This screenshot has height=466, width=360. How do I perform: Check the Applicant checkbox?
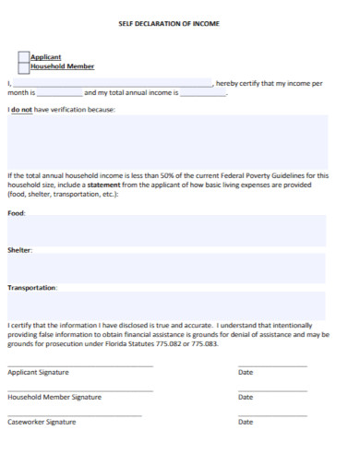point(24,57)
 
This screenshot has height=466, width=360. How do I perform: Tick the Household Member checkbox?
point(24,67)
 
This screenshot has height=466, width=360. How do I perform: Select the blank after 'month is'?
point(59,93)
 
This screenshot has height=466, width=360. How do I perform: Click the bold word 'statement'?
point(116,185)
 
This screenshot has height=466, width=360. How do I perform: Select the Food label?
point(17,213)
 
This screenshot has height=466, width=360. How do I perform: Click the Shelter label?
point(19,250)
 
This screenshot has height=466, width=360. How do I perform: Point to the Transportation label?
point(32,288)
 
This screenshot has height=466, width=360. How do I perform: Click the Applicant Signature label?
point(38,373)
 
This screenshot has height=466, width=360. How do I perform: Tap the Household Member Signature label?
point(54,398)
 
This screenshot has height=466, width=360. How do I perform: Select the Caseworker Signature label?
point(42,422)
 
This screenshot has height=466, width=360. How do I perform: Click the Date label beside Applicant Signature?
point(246,373)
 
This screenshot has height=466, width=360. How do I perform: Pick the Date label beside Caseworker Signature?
point(246,422)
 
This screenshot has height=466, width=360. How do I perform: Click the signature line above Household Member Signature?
point(80,390)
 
